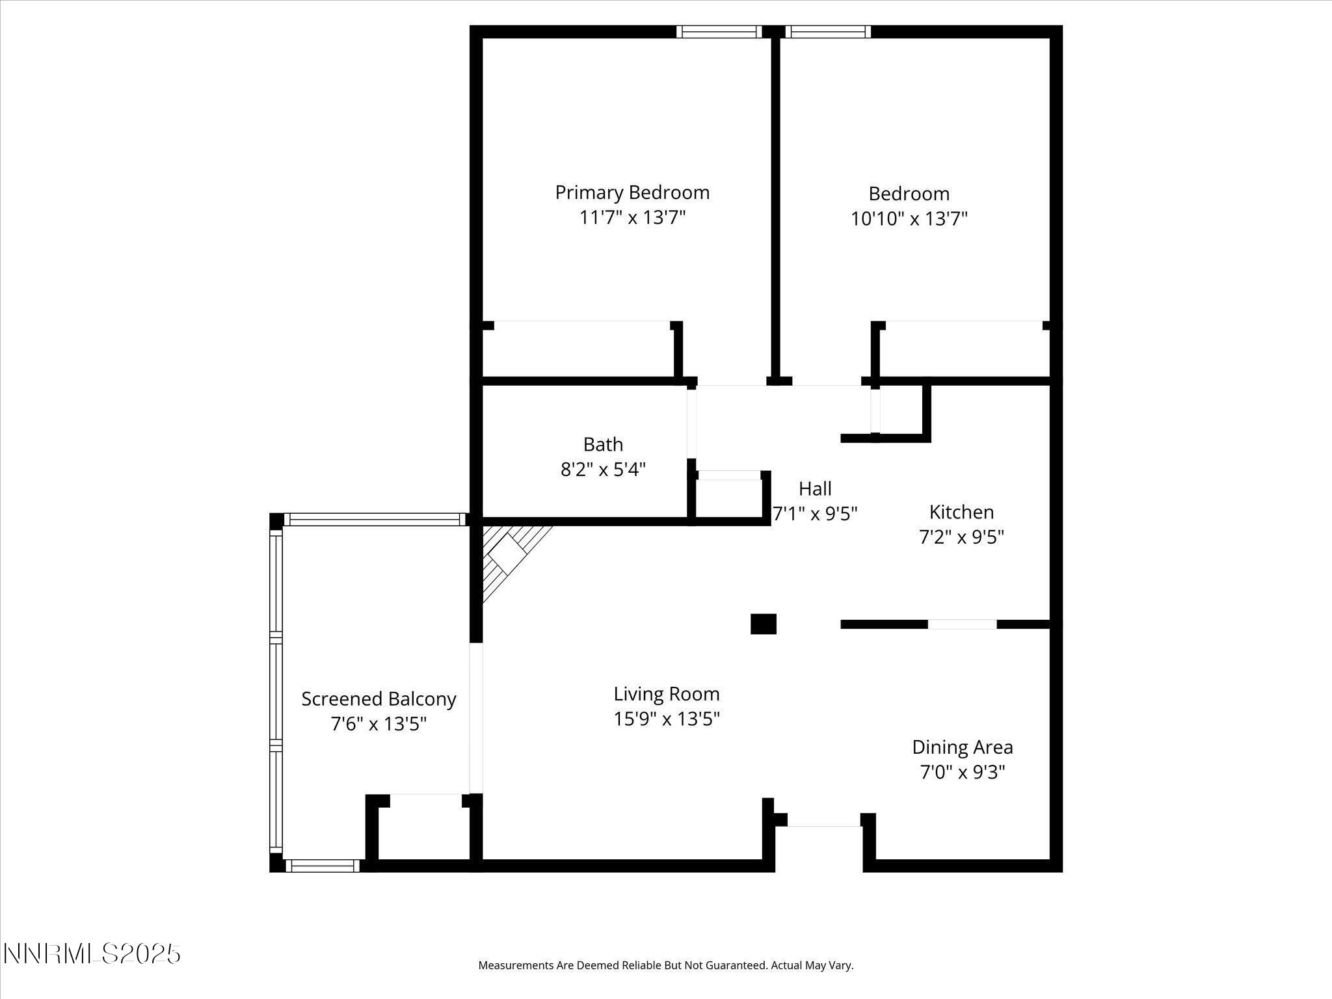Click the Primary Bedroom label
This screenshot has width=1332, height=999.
pos(632,193)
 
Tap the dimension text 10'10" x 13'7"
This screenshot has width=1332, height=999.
pos(909,219)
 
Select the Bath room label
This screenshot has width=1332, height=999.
pos(603,444)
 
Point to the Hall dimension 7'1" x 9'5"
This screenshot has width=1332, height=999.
pos(814,514)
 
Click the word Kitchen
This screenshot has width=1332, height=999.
pos(961,512)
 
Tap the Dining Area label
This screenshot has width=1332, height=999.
pos(962,747)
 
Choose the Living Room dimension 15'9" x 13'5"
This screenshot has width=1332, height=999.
pos(666,719)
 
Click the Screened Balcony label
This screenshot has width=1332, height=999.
pos(379,699)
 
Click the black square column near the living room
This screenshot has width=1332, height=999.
pos(763,624)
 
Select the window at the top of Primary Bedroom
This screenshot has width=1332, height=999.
pos(718,32)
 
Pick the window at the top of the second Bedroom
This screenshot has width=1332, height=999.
pos(827,32)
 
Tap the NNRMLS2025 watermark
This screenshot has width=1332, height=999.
pos(92,954)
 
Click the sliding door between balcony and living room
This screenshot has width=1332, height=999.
pos(476,718)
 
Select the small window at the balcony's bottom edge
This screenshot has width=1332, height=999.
pos(323,865)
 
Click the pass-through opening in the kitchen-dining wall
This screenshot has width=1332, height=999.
pos(961,624)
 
